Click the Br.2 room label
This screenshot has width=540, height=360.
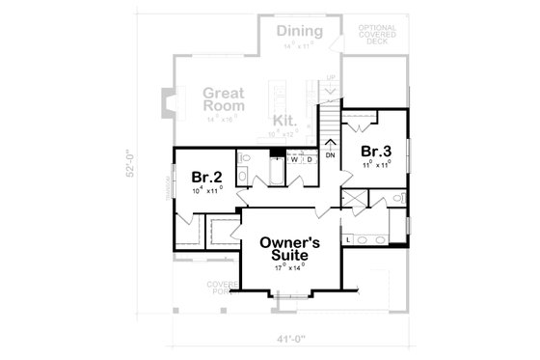coord(207,177)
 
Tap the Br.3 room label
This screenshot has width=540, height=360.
coord(376,152)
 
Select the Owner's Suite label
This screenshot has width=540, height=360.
coord(288,245)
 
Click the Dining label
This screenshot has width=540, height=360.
coord(300,32)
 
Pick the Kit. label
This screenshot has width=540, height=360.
coord(283,121)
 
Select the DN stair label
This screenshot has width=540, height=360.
coord(330,154)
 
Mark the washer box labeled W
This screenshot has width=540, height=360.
coord(294,159)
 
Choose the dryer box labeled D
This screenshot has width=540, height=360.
coord(309,159)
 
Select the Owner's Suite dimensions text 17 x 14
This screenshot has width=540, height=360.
coord(288,264)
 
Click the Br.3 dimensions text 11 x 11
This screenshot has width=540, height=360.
coord(376,166)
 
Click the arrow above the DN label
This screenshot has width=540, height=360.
coord(330,143)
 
